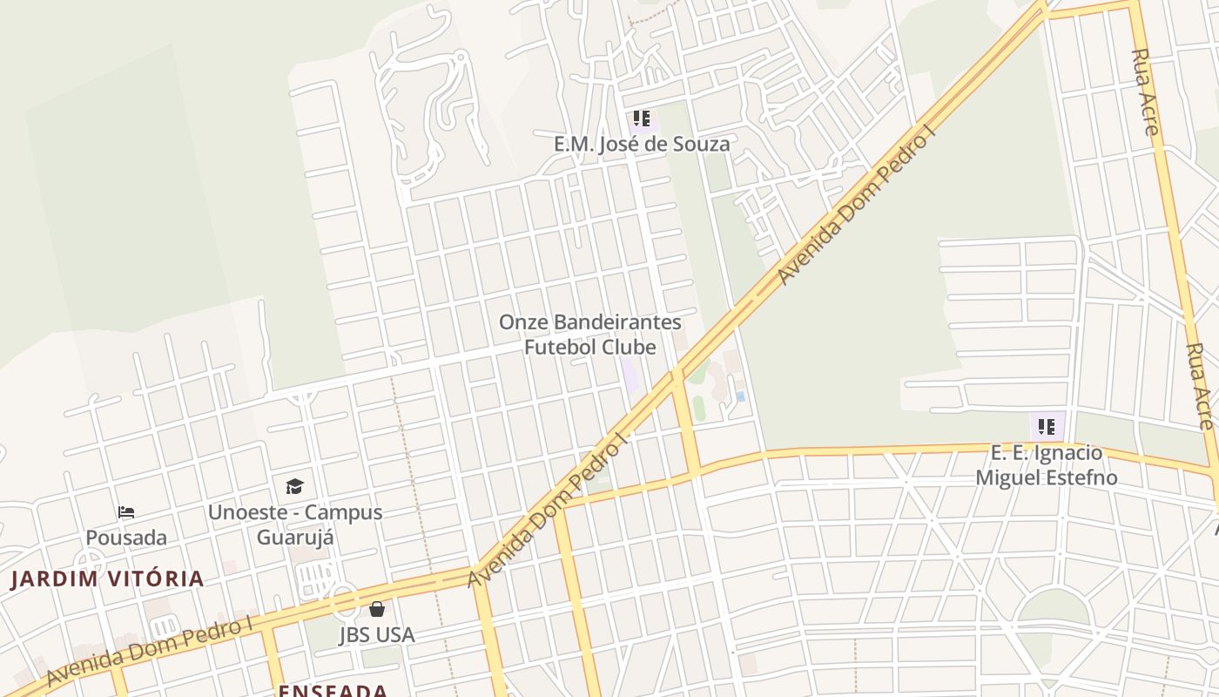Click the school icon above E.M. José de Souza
point(642,118)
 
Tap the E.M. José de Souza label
point(642,144)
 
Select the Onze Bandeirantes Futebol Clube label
point(589,335)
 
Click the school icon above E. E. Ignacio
point(1047,427)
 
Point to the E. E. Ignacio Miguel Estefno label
point(1047,465)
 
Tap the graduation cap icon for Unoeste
point(294,486)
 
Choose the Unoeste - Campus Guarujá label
point(294,524)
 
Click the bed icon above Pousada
point(126,512)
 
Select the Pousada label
point(126,538)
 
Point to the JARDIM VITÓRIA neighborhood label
point(107,579)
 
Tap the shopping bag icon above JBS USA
point(377,608)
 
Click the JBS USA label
point(377,635)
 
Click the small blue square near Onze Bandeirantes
point(740,396)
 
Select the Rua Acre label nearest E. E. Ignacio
point(1200,385)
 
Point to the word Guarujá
point(294,536)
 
